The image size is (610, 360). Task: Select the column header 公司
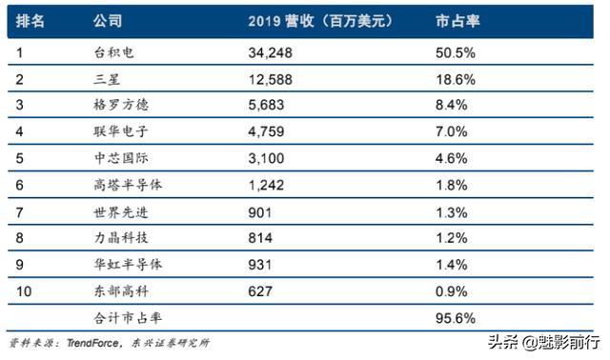[x=109, y=20]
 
